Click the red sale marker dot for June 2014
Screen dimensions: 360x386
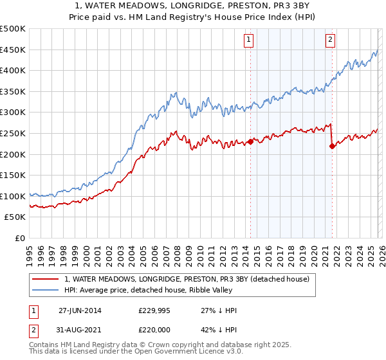click(250, 141)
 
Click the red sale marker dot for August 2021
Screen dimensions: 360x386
click(332, 146)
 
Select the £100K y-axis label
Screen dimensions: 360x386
click(14, 196)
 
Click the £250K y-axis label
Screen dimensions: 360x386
click(14, 133)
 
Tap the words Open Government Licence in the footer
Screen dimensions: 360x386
click(167, 352)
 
